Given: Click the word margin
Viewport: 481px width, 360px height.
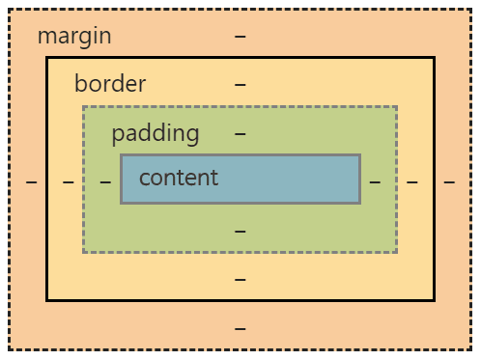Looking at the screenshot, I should coord(74,37).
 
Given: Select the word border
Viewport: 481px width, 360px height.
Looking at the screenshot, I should coord(110,84).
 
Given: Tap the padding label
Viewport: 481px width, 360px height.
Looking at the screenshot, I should coord(155,133).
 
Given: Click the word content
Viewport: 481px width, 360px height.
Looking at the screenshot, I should coord(179,178).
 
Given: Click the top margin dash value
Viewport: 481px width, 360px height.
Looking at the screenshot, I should coord(240,37).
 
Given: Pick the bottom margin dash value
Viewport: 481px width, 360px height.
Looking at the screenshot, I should coord(240,328).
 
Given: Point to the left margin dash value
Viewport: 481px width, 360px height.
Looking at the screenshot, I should coord(32,181).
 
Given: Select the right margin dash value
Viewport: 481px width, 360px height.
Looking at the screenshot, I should coord(449,181).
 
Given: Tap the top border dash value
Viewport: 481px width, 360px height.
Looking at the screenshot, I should coord(240,84).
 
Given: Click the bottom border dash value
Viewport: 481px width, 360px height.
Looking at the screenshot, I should coord(240,280).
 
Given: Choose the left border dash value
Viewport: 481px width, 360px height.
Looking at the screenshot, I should coord(69,181).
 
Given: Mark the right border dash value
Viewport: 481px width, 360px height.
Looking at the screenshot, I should coord(412,181).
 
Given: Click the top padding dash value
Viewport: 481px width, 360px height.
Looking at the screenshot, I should coord(240,133).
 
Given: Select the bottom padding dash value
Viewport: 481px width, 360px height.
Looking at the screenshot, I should coord(240,232).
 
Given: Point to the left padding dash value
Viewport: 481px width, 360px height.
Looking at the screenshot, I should coord(105,181).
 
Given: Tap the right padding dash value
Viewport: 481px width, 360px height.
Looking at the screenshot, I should coord(375,181).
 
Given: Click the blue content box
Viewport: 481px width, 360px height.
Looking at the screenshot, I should coord(290,179).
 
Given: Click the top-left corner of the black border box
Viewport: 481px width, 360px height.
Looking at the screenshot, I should coord(47,58).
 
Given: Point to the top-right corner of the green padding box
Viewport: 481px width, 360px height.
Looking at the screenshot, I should coord(396,107).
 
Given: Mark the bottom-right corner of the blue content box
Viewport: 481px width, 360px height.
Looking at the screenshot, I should coord(359,203).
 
